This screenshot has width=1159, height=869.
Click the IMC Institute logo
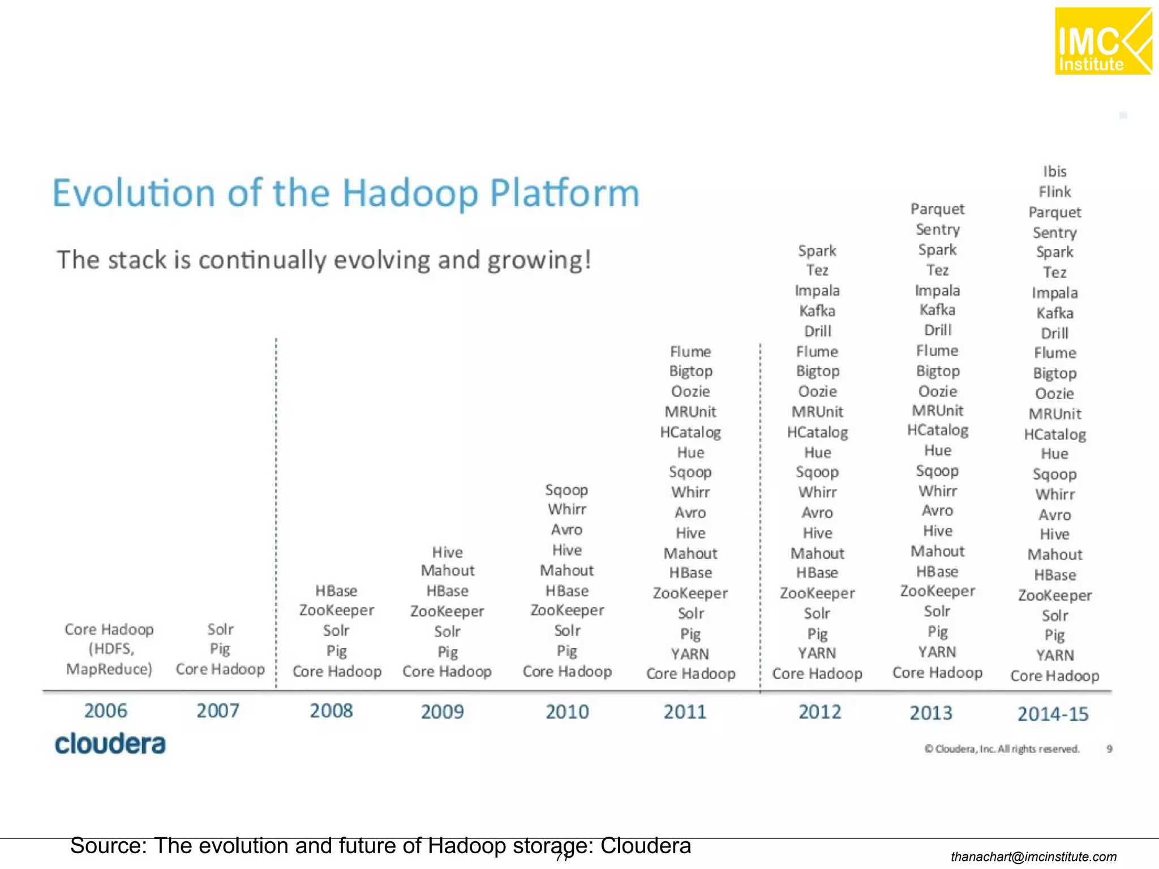1102,41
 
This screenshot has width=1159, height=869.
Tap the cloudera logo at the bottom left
110,743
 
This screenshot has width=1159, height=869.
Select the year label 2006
106,711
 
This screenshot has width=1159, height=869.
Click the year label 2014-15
1053,714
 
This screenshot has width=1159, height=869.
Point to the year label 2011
685,712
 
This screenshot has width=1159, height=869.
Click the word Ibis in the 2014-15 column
1054,171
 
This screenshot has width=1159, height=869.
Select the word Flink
1054,192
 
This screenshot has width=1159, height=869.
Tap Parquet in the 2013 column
937,209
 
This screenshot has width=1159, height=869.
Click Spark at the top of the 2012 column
817,251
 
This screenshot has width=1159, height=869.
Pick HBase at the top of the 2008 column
336,591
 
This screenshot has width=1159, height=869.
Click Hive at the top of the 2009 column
447,552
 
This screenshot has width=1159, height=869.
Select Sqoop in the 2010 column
566,490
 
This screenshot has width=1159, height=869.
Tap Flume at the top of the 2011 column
690,351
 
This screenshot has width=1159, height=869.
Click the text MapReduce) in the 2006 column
109,669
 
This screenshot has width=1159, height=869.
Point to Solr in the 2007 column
220,629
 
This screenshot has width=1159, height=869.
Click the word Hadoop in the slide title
410,193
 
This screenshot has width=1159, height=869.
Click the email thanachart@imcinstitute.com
1033,857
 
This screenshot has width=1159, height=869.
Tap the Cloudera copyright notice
1002,749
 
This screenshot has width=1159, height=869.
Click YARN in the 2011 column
690,654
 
